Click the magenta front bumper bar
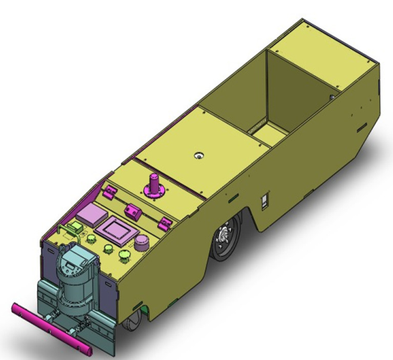click(x=51, y=329)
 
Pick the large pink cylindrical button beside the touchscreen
click(x=142, y=242)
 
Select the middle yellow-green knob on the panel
click(x=107, y=249)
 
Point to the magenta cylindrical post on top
click(x=155, y=185)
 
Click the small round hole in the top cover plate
click(x=199, y=155)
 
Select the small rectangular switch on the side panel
click(x=265, y=201)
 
